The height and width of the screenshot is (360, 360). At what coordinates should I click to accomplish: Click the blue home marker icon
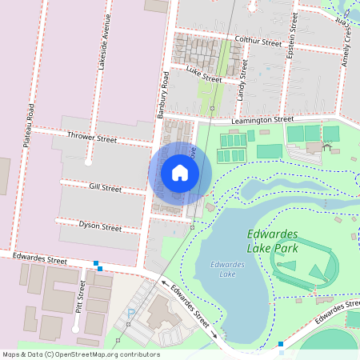[180, 173]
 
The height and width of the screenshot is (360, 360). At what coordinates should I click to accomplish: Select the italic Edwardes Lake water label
[226, 269]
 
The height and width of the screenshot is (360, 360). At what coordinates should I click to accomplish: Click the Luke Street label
[203, 74]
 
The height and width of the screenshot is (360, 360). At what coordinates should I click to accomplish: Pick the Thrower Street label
[92, 138]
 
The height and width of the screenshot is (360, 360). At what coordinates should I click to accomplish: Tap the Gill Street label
[105, 188]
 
